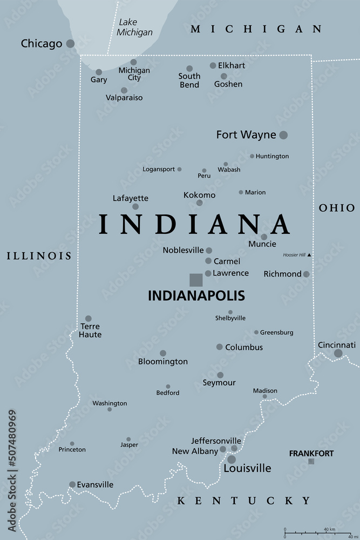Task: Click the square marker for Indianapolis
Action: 196,280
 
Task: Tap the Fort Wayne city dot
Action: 283,135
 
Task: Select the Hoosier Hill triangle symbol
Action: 309,255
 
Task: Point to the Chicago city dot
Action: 70,44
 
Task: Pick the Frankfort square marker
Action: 311,461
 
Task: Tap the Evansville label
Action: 96,484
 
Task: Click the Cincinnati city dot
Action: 338,353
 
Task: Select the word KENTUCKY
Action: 244,501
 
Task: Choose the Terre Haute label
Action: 90,330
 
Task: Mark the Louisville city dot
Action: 231,460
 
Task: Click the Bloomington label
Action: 163,361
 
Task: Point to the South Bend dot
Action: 189,69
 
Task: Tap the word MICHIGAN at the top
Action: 256,29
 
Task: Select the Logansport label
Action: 159,169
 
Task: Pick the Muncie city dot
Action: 264,237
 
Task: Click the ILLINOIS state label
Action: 39,256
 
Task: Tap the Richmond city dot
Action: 307,274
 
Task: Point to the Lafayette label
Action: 131,198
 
